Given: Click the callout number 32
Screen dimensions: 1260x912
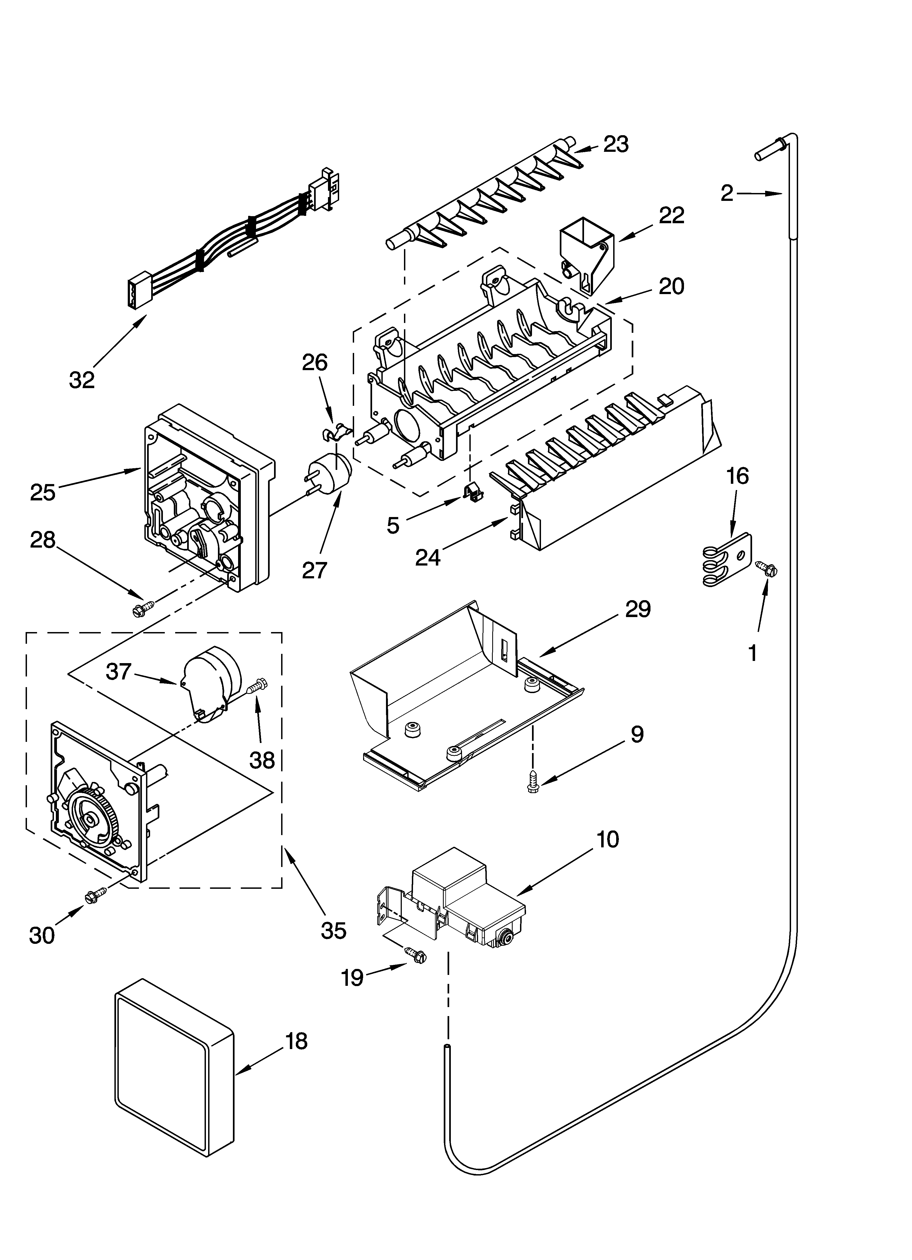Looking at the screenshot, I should click(82, 380).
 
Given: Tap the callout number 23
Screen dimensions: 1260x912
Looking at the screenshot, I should click(615, 144).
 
